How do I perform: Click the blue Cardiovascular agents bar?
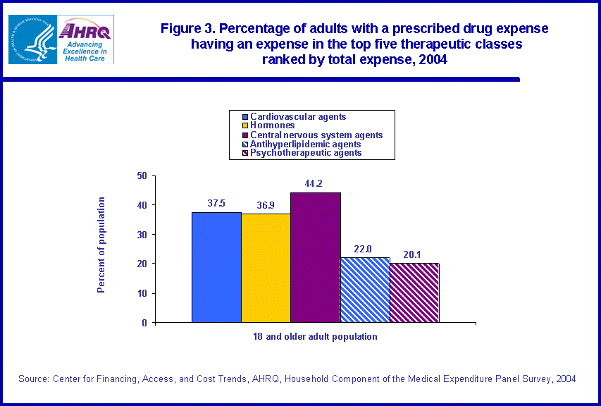[x=216, y=267]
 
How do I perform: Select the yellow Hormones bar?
[x=266, y=268]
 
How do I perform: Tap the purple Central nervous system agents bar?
[x=315, y=257]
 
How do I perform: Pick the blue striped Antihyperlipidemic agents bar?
[x=364, y=290]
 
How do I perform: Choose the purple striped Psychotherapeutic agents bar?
[x=414, y=293]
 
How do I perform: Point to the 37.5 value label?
[x=217, y=204]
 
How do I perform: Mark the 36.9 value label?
[x=265, y=205]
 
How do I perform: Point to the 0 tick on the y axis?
[x=144, y=323]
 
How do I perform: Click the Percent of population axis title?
[x=101, y=245]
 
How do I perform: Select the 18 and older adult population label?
[x=315, y=337]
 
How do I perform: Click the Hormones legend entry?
[x=272, y=125]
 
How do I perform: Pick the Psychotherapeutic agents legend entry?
[x=306, y=153]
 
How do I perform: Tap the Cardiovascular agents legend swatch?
[x=245, y=117]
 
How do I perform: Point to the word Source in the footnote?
[x=32, y=379]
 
